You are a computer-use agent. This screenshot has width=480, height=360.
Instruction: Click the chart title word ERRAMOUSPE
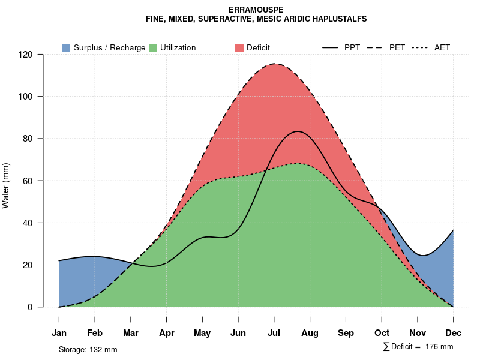click(256, 10)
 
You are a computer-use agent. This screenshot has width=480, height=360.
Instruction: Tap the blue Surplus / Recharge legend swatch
click(66, 47)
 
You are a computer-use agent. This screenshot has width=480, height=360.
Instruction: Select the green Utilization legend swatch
click(152, 47)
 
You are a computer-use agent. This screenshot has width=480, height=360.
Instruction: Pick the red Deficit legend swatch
click(239, 47)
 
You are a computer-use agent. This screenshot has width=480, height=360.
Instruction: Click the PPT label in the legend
click(352, 47)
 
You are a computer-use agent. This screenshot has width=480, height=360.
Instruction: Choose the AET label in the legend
click(442, 47)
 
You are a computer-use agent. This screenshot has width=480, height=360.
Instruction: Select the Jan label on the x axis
click(59, 333)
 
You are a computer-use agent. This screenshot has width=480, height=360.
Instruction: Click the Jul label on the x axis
click(274, 333)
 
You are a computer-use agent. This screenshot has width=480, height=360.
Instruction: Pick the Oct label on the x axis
click(382, 333)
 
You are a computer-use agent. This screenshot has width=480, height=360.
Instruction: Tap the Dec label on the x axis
click(454, 333)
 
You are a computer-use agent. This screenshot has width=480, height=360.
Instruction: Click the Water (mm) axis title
click(6, 186)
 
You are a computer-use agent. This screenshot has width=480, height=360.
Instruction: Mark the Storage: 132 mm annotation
click(88, 349)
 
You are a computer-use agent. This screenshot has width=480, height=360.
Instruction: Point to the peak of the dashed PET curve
click(275, 64)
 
